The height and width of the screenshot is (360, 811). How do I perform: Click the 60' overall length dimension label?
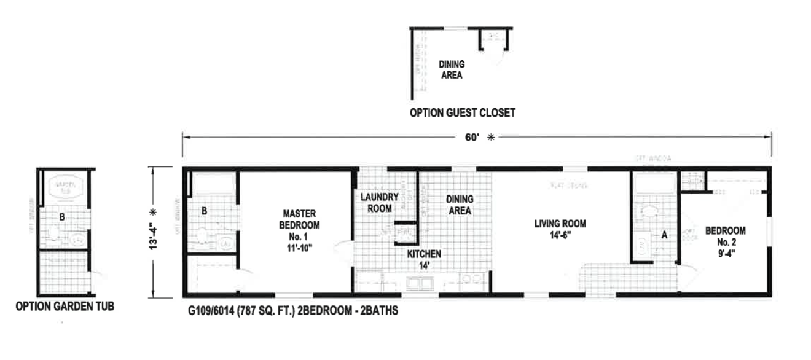(471, 138)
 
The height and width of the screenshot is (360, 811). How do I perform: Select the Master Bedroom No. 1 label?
(299, 230)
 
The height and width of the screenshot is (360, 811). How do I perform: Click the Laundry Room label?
(380, 203)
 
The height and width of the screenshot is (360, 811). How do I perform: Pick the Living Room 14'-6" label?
(560, 229)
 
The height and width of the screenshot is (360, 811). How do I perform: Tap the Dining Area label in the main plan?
(459, 205)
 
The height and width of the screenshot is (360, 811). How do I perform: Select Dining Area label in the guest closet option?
(452, 69)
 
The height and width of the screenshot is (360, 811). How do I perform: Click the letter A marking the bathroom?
(664, 234)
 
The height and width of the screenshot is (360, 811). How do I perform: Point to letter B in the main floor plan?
(205, 211)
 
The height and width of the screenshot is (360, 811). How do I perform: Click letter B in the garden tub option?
(61, 216)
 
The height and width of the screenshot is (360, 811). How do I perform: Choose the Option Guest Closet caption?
(463, 112)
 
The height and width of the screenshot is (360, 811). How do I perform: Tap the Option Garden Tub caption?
(65, 307)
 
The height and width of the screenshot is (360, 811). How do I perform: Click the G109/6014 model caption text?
(292, 311)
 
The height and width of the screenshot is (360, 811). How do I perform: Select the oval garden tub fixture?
(64, 186)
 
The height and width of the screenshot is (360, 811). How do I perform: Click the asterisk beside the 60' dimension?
(491, 138)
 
